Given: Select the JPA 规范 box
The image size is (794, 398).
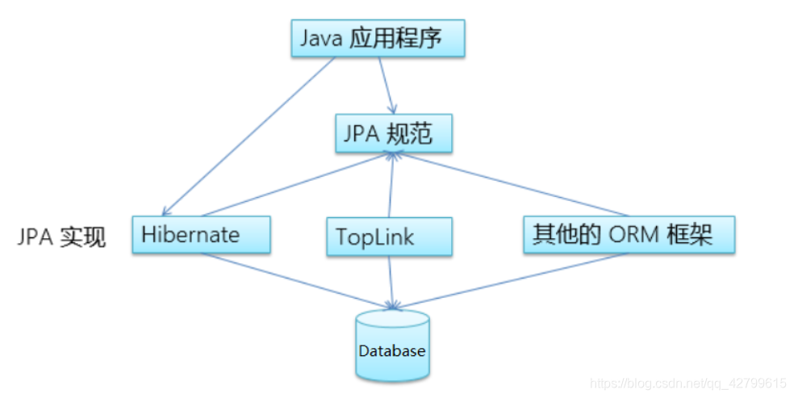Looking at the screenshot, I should coord(393,133).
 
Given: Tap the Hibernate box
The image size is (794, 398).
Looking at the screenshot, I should coord(201,235).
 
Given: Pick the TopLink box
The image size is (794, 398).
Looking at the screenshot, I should coord(389,237).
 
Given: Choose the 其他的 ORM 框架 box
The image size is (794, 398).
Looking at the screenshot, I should coord(629,235).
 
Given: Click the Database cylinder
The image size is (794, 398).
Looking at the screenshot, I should coord(392,346).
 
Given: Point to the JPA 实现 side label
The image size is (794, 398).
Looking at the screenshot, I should coord(62,237).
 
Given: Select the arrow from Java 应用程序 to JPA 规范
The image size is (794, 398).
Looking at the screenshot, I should coord(387,85).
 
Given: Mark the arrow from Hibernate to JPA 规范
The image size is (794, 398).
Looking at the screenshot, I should coord(299,185).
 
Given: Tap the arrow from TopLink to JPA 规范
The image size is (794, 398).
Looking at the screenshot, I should coord(392,186).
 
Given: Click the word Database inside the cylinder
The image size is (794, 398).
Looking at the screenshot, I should coord(392,351).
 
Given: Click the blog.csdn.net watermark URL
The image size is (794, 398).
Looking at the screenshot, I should coord(687,383).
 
